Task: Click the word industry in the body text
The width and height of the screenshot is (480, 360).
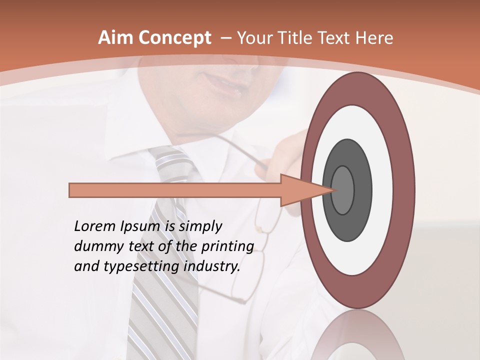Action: pos(213,266)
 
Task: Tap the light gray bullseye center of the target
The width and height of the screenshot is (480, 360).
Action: pos(343,190)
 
